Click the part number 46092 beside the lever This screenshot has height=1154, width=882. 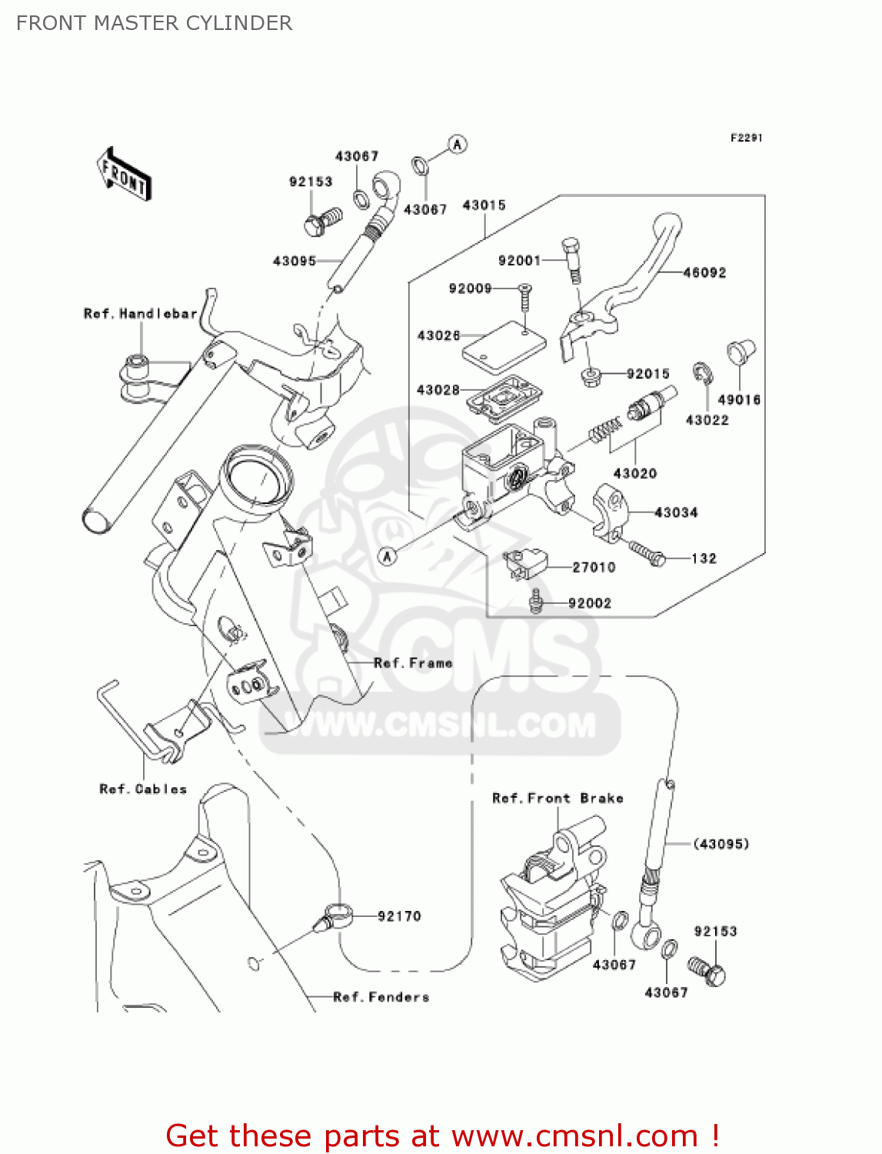[x=704, y=272]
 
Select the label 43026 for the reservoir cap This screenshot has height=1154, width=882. [x=438, y=335]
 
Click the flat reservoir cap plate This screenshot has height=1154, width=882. [x=504, y=348]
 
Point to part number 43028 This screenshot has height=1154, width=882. [x=438, y=390]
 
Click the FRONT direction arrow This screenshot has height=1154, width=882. [x=124, y=175]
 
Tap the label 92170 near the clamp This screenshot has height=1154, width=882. [x=399, y=916]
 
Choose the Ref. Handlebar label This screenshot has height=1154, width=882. [x=140, y=314]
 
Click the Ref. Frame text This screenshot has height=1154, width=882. [x=413, y=663]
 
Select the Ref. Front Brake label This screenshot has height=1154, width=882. [x=557, y=799]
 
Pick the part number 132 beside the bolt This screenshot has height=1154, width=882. [x=704, y=559]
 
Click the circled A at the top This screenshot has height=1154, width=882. [x=458, y=145]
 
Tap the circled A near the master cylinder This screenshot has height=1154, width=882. [x=388, y=555]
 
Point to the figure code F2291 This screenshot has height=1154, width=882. [x=746, y=138]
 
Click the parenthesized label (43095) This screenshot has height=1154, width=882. [x=721, y=844]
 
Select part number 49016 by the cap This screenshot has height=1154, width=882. [x=739, y=400]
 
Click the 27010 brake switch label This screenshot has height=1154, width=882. [x=594, y=568]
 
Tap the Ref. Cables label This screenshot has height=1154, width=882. [x=143, y=789]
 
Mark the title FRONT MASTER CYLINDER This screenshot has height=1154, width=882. [x=154, y=23]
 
